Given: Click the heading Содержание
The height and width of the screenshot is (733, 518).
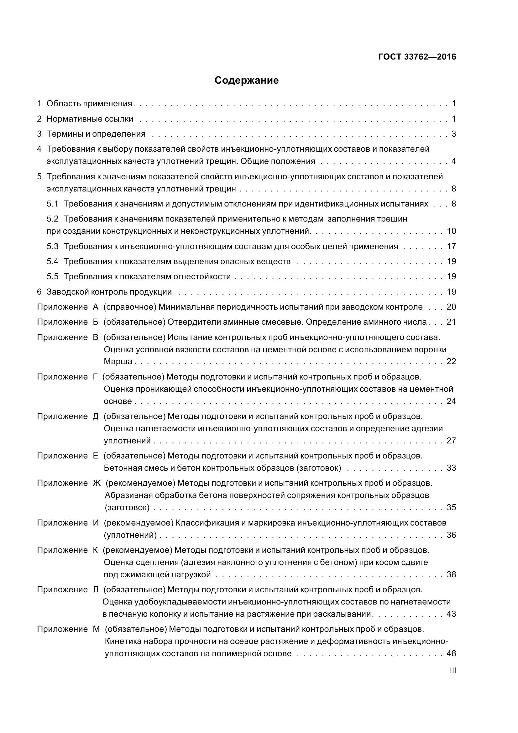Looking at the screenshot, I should (x=246, y=81).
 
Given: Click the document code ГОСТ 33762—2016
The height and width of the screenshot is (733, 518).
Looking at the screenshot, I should (x=417, y=57).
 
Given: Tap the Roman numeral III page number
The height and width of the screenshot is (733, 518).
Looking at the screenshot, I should (x=453, y=670).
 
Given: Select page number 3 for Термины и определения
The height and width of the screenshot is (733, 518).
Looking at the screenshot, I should (x=453, y=134).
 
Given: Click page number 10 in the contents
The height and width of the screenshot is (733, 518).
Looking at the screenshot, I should (x=451, y=231).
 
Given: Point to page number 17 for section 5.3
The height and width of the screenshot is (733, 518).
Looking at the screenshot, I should (x=451, y=246).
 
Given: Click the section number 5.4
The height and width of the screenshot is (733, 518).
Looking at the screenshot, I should (x=52, y=261).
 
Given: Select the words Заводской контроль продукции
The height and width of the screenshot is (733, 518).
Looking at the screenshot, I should (x=109, y=292).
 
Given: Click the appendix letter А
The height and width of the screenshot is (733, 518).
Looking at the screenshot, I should (x=96, y=307).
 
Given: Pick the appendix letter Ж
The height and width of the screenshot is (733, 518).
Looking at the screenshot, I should (x=97, y=483).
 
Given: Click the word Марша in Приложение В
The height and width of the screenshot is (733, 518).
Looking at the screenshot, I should (x=118, y=361).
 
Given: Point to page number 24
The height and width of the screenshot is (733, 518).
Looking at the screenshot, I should (x=451, y=401).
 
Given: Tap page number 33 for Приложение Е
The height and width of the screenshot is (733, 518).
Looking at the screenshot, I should (x=451, y=468).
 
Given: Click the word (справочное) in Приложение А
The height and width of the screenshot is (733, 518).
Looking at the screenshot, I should (x=130, y=307).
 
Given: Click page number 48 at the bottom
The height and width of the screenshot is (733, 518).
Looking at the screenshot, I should (x=451, y=653).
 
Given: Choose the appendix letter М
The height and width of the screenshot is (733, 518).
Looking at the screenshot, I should (x=96, y=629).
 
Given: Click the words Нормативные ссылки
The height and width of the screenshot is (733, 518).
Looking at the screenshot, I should (x=90, y=119).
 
